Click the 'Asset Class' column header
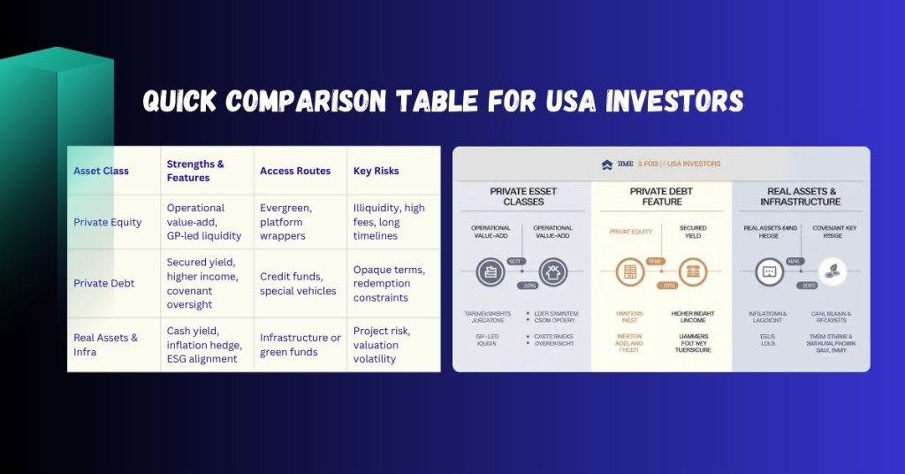pos(101,171)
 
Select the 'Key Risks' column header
pos(376,171)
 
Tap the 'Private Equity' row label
pos(107,222)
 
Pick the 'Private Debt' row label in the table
pos(103,284)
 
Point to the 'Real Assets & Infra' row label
pos(105,344)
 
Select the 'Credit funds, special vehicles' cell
pos(298,284)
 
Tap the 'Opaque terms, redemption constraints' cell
pos(389,284)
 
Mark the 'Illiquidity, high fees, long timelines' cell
pos(389,222)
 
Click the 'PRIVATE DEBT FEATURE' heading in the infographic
pos(662,196)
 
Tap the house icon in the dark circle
pos(552,271)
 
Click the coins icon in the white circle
pos(832,271)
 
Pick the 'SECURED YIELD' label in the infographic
pos(693,233)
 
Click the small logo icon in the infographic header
pos(606,164)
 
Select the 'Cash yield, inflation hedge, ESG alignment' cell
pos(202,344)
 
